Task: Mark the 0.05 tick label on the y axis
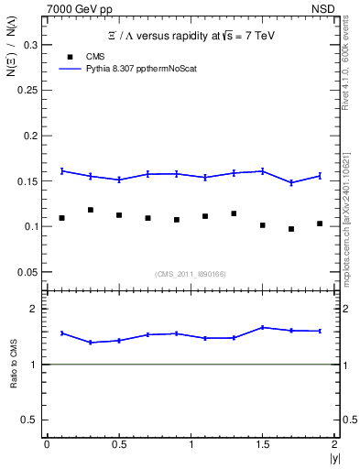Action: pyautogui.click(x=28, y=272)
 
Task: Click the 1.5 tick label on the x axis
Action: pyautogui.click(x=263, y=444)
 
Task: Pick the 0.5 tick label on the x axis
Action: pyautogui.click(x=118, y=444)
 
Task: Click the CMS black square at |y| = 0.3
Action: pyautogui.click(x=90, y=210)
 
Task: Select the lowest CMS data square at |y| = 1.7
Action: pyautogui.click(x=291, y=229)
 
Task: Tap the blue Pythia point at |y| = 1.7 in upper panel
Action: pyautogui.click(x=291, y=182)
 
